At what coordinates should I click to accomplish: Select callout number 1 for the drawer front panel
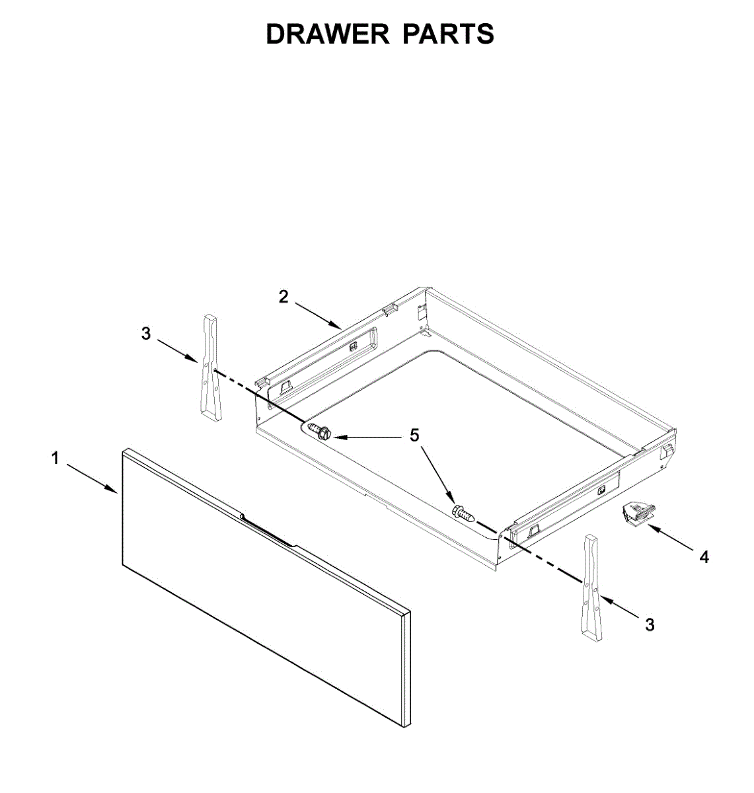tap(56, 458)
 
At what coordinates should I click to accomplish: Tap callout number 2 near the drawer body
tap(283, 297)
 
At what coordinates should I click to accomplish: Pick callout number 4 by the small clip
tap(704, 557)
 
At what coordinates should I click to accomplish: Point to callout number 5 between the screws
tap(414, 435)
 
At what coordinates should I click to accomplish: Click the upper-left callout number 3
tap(146, 334)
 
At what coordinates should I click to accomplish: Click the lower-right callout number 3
tap(650, 624)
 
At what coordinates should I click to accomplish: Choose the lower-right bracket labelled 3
tap(591, 589)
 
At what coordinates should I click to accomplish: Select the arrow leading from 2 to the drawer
tap(318, 315)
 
